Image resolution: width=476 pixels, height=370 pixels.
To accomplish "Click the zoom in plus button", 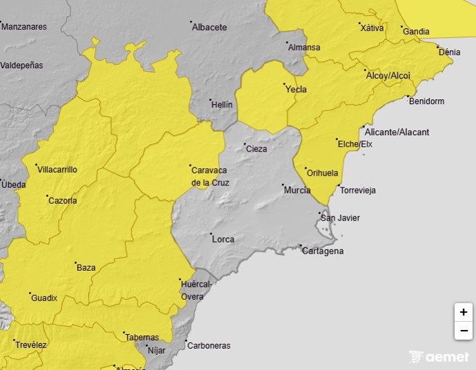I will point(463,312).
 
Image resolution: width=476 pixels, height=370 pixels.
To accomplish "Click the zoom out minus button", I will point(463,331).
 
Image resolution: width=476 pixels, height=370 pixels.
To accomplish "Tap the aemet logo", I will point(439,357).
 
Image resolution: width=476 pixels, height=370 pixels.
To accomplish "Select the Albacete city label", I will point(209,28).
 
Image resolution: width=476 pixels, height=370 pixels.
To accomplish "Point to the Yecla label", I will point(296,89).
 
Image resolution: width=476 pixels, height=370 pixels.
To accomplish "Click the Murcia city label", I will point(297,189).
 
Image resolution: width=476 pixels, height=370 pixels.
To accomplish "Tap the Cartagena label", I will point(323,251).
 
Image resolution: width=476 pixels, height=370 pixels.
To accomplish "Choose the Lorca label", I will point(223,240).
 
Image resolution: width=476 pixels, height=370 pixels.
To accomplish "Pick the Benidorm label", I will point(426,101).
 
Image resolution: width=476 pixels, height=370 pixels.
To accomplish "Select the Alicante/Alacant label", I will point(397,132).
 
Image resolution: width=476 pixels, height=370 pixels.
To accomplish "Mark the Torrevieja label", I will point(358,191).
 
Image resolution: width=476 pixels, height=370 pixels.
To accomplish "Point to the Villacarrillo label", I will point(57,169).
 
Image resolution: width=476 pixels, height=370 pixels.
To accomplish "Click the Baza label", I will point(86,267).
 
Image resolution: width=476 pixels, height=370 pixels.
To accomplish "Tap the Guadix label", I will point(44,298).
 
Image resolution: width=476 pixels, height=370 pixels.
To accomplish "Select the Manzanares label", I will point(24,27).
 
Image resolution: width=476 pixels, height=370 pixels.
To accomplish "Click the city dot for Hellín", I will point(211,100).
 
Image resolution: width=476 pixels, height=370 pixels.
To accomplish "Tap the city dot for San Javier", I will point(321,215).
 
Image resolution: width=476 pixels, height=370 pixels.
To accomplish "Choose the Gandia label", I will point(416,32).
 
